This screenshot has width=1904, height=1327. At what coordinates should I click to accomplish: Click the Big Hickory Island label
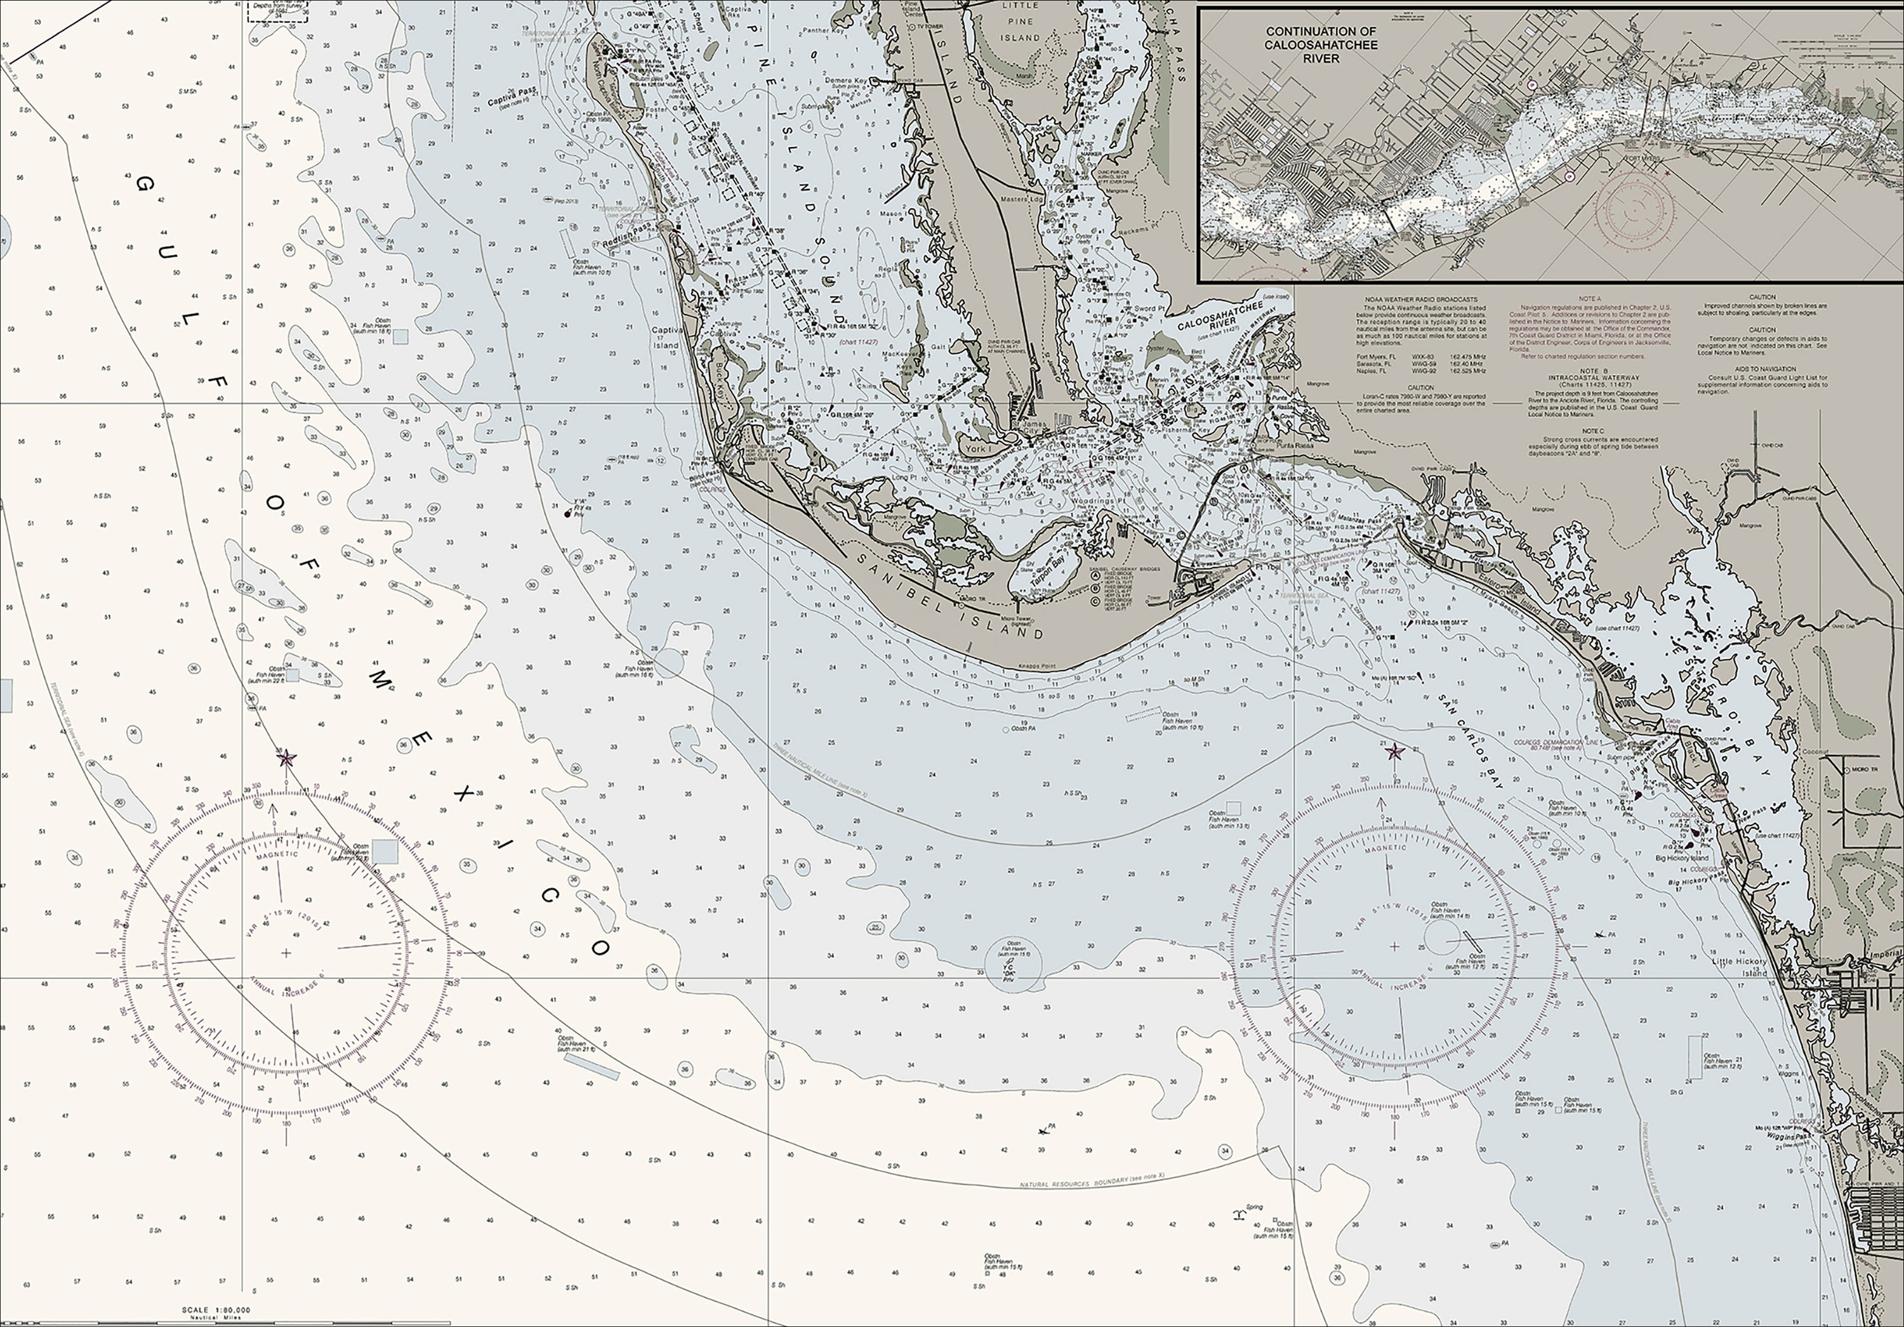click(1682, 858)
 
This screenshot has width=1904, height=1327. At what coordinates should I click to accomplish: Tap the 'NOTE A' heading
click(1590, 298)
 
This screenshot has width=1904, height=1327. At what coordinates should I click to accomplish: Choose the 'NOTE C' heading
click(1590, 431)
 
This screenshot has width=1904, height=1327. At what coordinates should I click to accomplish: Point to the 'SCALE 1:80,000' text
click(216, 1311)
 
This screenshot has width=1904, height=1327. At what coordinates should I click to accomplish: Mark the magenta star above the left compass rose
click(286, 757)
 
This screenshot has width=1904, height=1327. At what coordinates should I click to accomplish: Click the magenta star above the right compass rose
click(1394, 752)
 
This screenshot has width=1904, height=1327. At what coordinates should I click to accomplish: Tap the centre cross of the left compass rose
click(286, 953)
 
